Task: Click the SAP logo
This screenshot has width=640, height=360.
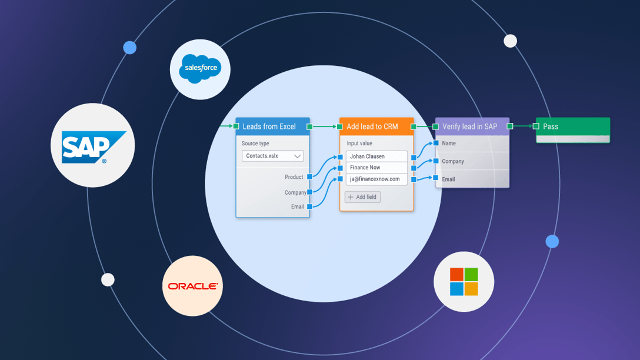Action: pyautogui.click(x=93, y=146)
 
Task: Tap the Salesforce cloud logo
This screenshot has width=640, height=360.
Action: pyautogui.click(x=200, y=69)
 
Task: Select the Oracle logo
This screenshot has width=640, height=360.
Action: pyautogui.click(x=192, y=286)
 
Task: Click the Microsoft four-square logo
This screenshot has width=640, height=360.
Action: pyautogui.click(x=464, y=282)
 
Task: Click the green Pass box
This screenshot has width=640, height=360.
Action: pyautogui.click(x=572, y=127)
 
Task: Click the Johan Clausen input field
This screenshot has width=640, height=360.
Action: pyautogui.click(x=376, y=156)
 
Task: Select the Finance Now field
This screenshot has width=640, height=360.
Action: pyautogui.click(x=376, y=168)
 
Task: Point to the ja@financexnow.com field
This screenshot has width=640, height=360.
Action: pyautogui.click(x=376, y=179)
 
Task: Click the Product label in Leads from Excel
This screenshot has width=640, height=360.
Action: pyautogui.click(x=294, y=177)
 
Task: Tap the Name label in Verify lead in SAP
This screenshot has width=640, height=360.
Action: pyautogui.click(x=449, y=144)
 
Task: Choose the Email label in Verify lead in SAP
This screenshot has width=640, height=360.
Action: pyautogui.click(x=448, y=179)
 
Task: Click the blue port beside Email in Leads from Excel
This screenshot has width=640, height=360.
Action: pyautogui.click(x=310, y=206)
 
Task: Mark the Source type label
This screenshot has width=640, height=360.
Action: pyautogui.click(x=255, y=144)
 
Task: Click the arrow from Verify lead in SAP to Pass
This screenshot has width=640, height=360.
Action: pyautogui.click(x=523, y=126)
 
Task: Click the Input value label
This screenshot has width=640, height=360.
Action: pyautogui.click(x=359, y=144)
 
